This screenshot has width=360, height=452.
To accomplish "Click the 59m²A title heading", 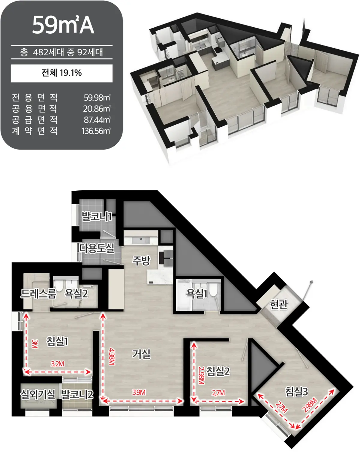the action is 63,25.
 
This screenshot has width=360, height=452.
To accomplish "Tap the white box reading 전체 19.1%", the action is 62,73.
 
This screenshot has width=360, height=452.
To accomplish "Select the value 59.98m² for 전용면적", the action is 97,98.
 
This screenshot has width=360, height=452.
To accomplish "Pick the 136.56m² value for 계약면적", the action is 96,131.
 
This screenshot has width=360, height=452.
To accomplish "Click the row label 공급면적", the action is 34,120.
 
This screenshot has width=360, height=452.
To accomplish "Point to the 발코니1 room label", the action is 96,217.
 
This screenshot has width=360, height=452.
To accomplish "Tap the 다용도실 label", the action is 97,248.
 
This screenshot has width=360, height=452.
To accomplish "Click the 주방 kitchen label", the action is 141,261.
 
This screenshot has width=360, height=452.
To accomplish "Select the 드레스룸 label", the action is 38,294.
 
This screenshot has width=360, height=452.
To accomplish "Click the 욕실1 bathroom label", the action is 196,293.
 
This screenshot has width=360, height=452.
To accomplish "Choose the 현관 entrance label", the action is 279,304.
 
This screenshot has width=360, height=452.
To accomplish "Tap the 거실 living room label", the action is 141,354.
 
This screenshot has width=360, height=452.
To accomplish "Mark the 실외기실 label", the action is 38,394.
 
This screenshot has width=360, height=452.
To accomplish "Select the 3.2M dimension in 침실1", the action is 57,364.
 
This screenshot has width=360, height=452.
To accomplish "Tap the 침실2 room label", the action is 218,371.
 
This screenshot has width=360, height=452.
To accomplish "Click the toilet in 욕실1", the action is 213,290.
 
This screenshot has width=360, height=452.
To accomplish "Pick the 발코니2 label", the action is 77,394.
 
